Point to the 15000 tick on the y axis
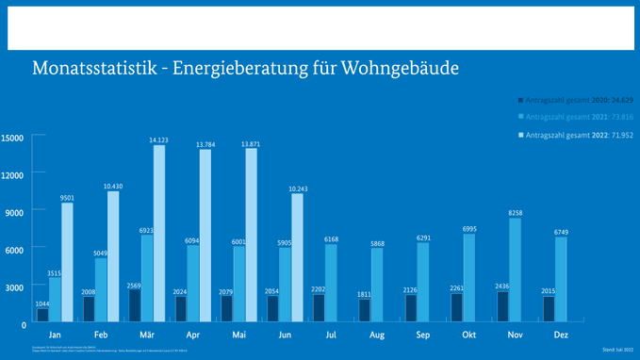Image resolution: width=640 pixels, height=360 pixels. point(13,138)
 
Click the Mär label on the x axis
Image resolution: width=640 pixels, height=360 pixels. point(147,335)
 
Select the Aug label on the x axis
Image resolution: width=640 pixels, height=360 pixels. point(377,335)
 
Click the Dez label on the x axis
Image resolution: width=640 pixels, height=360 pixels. point(561,335)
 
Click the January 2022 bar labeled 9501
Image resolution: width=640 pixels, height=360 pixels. point(67,263)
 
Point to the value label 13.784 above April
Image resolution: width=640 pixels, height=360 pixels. point(205,144)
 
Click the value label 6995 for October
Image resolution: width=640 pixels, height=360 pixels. point(469,229)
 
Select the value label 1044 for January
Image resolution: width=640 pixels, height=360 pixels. point(42,303)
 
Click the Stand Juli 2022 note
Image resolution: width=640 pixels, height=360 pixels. point(617,350)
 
